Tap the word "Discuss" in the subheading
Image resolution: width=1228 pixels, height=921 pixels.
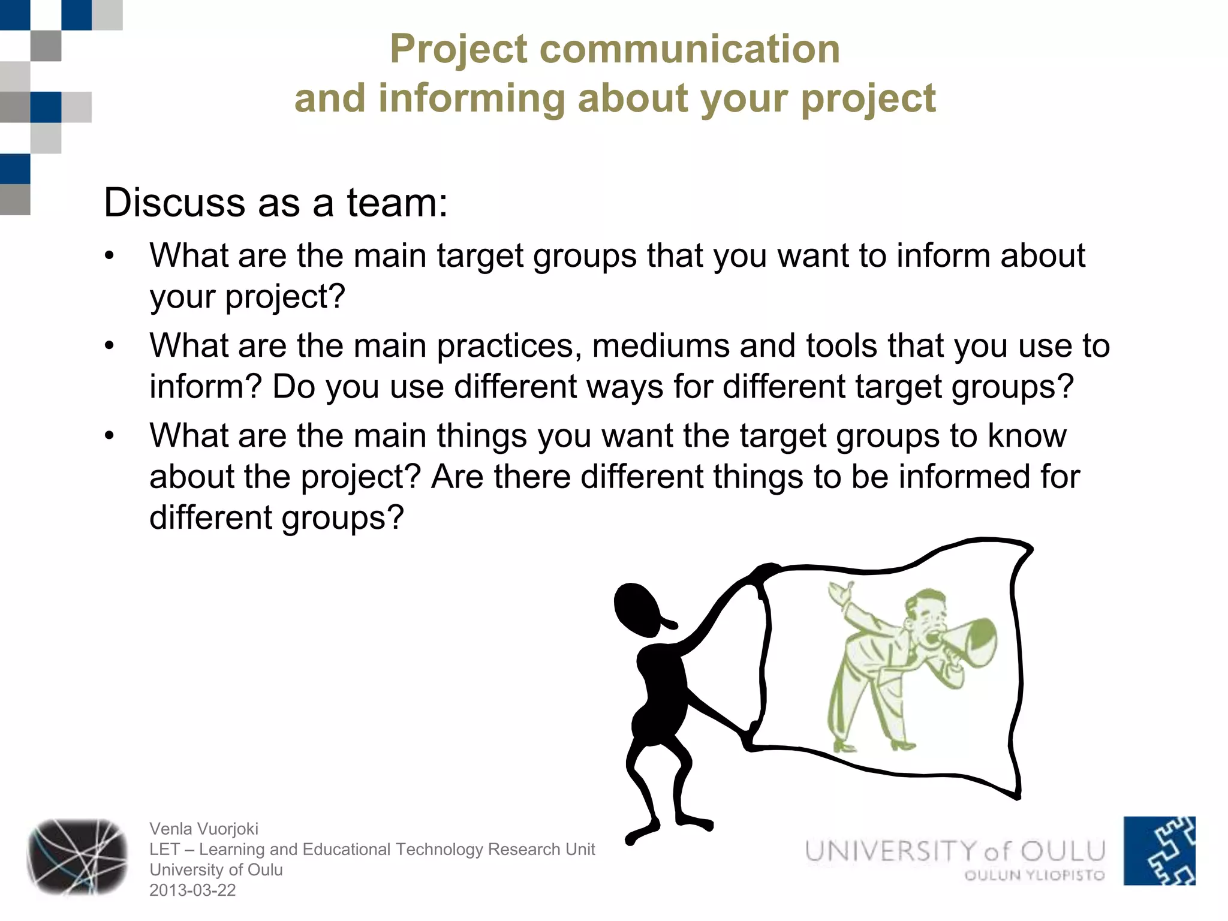[174, 203]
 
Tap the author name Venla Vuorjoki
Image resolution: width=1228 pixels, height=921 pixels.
[204, 829]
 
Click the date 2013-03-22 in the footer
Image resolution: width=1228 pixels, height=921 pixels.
[192, 890]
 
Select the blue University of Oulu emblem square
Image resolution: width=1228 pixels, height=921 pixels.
[1159, 850]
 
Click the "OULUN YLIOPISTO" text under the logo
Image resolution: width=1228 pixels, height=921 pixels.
[1034, 875]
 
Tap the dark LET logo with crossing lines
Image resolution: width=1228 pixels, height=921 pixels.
[77, 857]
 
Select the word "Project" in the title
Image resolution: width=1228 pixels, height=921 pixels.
[459, 49]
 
